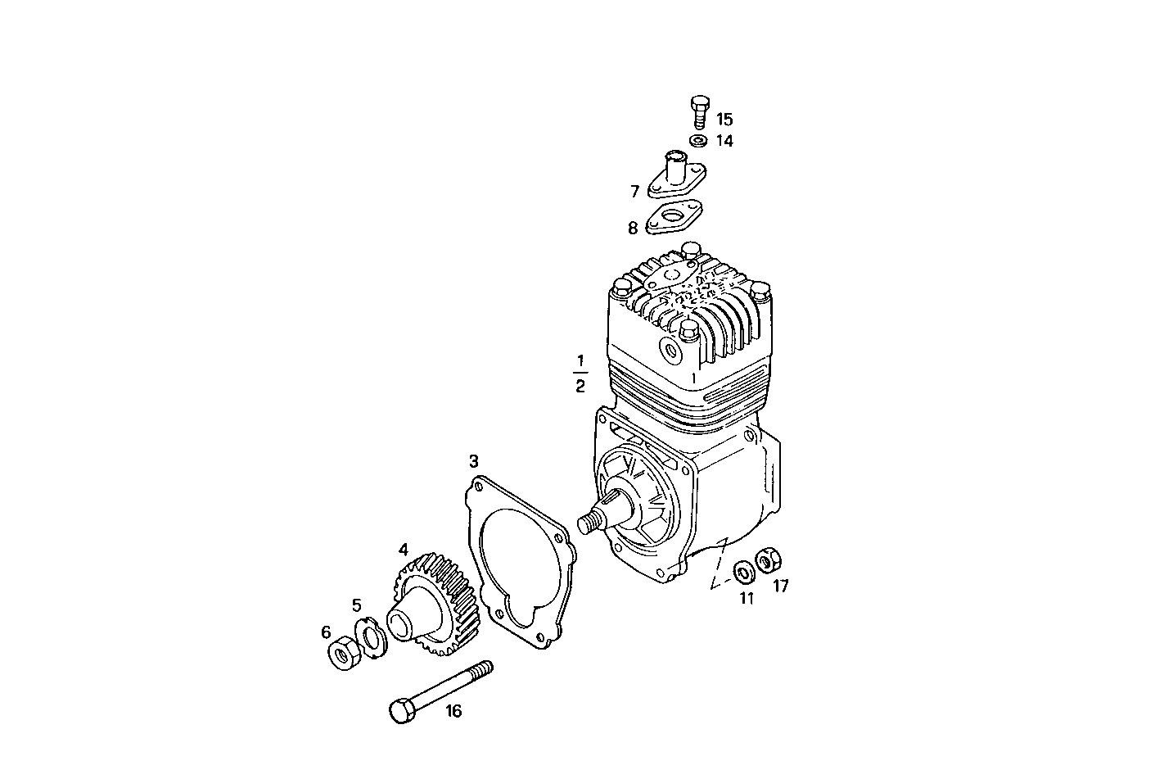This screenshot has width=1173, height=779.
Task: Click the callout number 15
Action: click(724, 120)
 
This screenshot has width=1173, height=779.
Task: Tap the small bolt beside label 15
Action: click(697, 111)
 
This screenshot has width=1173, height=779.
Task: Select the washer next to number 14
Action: click(698, 141)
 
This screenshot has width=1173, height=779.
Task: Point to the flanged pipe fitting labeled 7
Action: click(676, 176)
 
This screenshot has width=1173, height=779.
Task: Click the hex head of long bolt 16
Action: click(402, 710)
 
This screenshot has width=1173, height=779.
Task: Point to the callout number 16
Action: click(453, 711)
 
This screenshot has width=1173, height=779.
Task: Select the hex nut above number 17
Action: click(768, 560)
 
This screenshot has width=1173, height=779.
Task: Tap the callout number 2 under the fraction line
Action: click(580, 386)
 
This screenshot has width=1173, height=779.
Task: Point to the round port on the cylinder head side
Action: click(673, 351)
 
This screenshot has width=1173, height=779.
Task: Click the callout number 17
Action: click(780, 587)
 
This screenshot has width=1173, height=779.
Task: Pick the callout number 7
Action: click(634, 192)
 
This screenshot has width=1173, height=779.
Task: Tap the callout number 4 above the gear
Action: click(403, 549)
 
